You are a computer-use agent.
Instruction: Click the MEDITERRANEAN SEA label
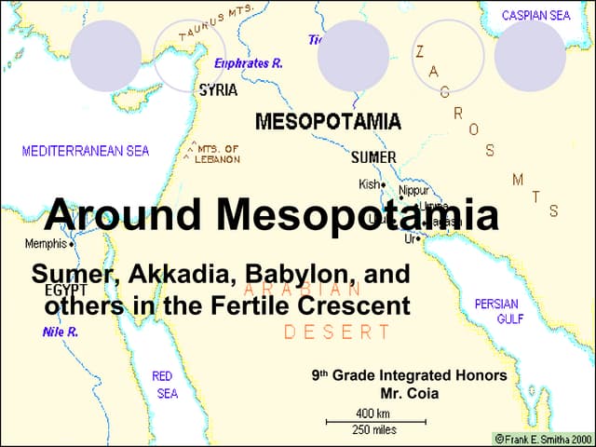click(86, 151)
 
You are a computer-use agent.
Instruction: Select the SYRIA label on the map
click(218, 91)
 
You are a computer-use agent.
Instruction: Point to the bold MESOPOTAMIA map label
click(328, 122)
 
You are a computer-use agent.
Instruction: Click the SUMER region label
click(373, 156)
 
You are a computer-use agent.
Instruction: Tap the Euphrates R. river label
click(249, 63)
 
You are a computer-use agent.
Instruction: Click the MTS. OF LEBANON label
click(217, 154)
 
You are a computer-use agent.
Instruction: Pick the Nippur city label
click(413, 190)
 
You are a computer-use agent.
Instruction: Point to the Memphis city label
click(46, 244)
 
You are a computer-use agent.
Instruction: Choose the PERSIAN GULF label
click(497, 311)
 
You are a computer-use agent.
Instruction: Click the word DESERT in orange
click(337, 332)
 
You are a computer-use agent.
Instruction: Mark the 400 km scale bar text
click(373, 413)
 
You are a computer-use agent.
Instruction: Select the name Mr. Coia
click(408, 393)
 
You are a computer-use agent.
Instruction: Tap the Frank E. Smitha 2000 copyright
click(543, 438)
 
